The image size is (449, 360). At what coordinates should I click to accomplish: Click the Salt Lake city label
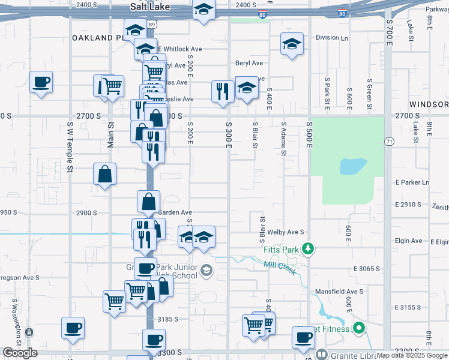point(151,7)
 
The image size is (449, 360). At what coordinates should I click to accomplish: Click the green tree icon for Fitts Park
point(308,248)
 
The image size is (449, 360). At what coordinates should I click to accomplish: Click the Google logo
point(20,353)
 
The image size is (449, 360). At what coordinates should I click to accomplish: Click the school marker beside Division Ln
point(292,44)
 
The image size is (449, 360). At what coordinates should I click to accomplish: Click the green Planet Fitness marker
point(359,328)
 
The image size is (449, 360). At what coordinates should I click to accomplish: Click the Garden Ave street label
point(175,212)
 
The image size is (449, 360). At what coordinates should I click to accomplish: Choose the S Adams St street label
point(283,139)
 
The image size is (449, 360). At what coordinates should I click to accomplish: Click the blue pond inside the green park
point(353,166)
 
